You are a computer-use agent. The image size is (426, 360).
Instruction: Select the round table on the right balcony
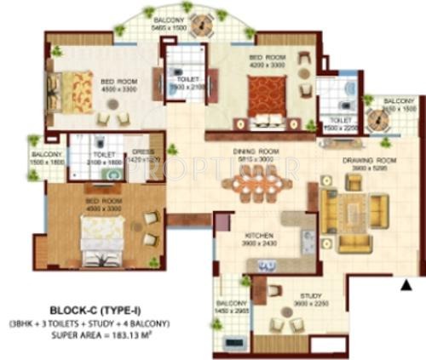point(383,121)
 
